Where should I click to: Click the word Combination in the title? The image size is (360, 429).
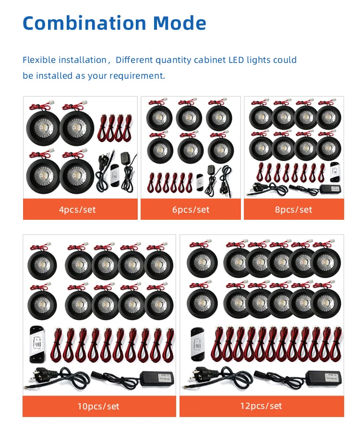tap(84, 23)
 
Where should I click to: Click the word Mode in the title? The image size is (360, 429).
tap(180, 23)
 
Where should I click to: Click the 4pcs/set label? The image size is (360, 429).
tap(77, 210)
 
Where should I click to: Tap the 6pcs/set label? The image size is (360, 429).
tap(191, 210)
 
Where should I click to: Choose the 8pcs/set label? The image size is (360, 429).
tap(293, 210)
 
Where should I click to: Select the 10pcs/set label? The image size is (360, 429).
tap(98, 406)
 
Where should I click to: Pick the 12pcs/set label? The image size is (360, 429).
tap(261, 406)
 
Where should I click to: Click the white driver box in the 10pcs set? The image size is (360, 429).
tap(38, 345)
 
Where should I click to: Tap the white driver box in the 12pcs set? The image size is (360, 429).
tap(198, 344)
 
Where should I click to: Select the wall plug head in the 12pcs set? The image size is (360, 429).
tap(201, 374)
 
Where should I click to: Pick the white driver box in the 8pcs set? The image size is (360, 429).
tap(335, 172)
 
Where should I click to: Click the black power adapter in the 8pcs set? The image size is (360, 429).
tap(330, 189)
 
